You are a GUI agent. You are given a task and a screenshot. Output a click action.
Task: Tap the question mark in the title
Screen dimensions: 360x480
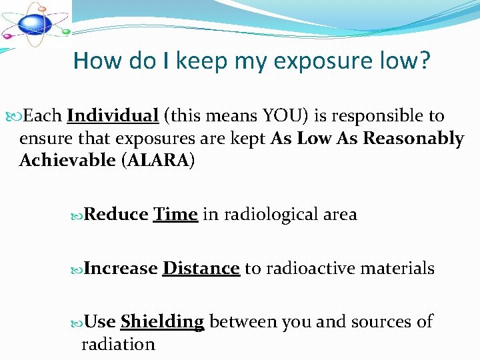(423, 61)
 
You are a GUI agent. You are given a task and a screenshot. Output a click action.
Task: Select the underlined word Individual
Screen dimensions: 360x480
(112, 116)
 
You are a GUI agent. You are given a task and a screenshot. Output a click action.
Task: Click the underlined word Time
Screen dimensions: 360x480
(175, 215)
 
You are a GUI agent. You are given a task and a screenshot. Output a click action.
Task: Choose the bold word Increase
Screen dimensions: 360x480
(121, 269)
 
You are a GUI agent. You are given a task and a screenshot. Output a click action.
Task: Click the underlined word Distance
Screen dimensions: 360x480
(201, 269)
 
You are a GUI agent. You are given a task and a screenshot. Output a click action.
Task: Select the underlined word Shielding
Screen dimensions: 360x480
(162, 322)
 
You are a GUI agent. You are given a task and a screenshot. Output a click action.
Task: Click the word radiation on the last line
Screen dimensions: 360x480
(118, 344)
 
